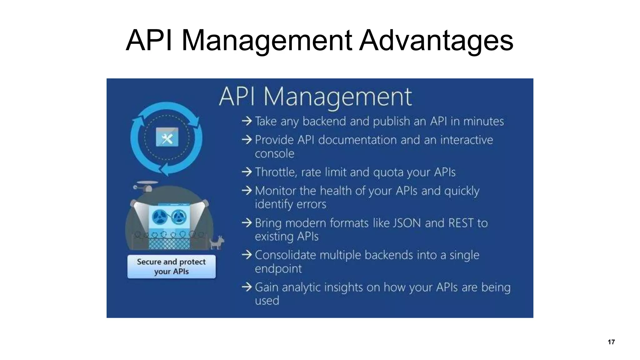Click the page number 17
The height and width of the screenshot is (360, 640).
[611, 342]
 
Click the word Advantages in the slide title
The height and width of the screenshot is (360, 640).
[436, 41]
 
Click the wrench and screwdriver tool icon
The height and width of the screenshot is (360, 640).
[167, 137]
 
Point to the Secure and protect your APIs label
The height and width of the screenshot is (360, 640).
[171, 266]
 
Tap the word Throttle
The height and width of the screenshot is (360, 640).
[275, 172]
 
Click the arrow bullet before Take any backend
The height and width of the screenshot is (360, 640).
[247, 121]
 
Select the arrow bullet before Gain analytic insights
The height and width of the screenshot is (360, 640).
[247, 287]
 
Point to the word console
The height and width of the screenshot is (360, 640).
[274, 154]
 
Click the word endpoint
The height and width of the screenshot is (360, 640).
[278, 269]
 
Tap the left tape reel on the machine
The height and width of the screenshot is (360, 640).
[160, 217]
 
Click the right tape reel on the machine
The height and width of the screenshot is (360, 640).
[179, 217]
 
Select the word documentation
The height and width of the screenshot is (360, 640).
[357, 140]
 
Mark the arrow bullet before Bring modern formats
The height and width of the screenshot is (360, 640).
[247, 223]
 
